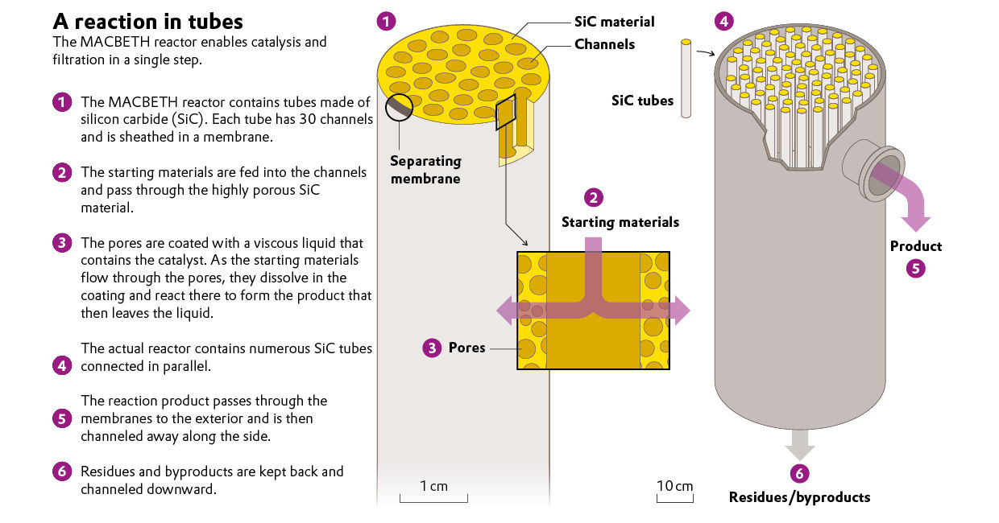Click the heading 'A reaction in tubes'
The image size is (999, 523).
[x=147, y=22]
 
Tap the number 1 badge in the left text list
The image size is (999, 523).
[x=62, y=102]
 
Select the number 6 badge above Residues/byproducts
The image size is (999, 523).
[x=799, y=473]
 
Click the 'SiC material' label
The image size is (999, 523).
[x=614, y=22]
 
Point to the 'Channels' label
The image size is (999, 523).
[x=604, y=44]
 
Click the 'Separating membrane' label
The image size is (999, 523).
[x=425, y=170]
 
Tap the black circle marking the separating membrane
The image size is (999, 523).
[x=399, y=107]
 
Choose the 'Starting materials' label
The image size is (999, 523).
[x=620, y=222]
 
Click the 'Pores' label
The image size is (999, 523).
[x=466, y=348]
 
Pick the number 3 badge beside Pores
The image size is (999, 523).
[x=432, y=348]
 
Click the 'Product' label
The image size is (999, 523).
[x=915, y=246]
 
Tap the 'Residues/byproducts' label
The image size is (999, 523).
[x=799, y=497]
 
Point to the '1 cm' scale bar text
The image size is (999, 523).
[x=433, y=485]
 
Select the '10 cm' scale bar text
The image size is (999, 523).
[x=675, y=485]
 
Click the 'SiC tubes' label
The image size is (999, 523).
[x=642, y=101]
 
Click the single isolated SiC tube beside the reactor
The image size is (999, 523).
[x=686, y=78]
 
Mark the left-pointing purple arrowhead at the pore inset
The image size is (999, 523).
[x=504, y=311]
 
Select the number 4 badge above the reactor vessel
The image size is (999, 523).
[x=723, y=21]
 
